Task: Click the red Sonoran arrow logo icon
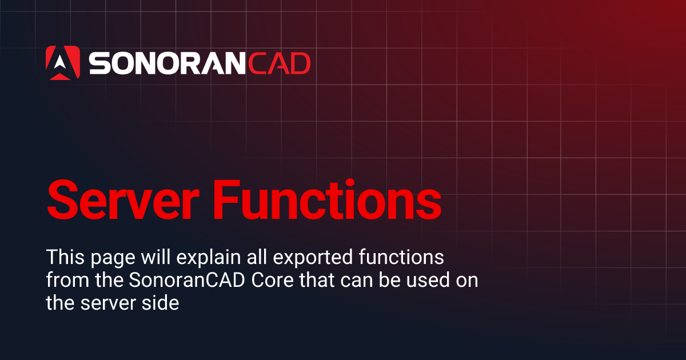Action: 62,62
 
